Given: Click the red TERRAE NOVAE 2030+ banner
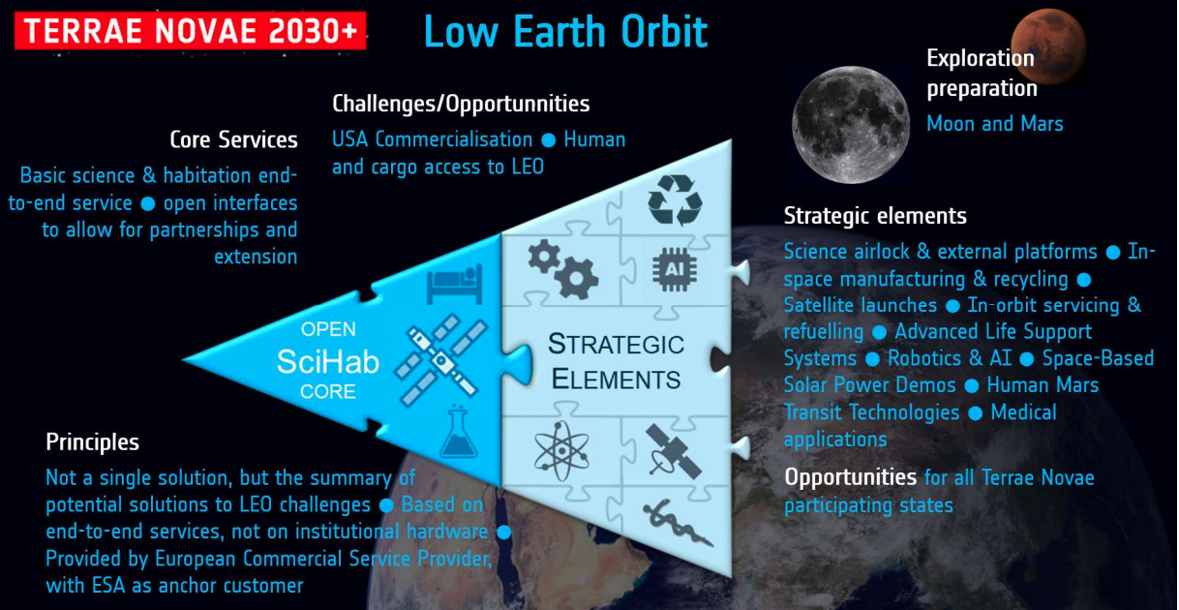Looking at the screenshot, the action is (x=190, y=31).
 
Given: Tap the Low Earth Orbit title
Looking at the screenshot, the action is (x=566, y=32).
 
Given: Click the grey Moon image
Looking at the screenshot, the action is (x=851, y=125).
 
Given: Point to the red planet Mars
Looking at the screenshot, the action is (x=1048, y=46).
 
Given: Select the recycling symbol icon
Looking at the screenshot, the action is (x=676, y=200).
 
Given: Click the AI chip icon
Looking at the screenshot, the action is (x=675, y=269).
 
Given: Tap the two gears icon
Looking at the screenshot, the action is (x=563, y=269).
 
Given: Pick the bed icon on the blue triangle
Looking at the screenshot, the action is (x=455, y=285).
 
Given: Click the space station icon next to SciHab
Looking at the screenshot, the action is (x=441, y=360).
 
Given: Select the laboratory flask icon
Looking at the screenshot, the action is (x=459, y=433).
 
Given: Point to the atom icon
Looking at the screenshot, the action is (x=561, y=451).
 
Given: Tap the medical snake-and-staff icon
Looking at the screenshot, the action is (x=678, y=523).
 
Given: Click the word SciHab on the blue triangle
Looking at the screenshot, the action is (x=328, y=361).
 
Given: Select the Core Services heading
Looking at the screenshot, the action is (x=233, y=139).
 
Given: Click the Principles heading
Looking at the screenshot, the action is (x=93, y=442).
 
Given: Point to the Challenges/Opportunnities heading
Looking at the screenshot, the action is (x=461, y=104).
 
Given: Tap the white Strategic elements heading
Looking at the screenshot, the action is (x=875, y=216).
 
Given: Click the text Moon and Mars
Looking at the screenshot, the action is (x=995, y=124).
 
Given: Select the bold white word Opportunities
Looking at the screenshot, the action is (x=851, y=477).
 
